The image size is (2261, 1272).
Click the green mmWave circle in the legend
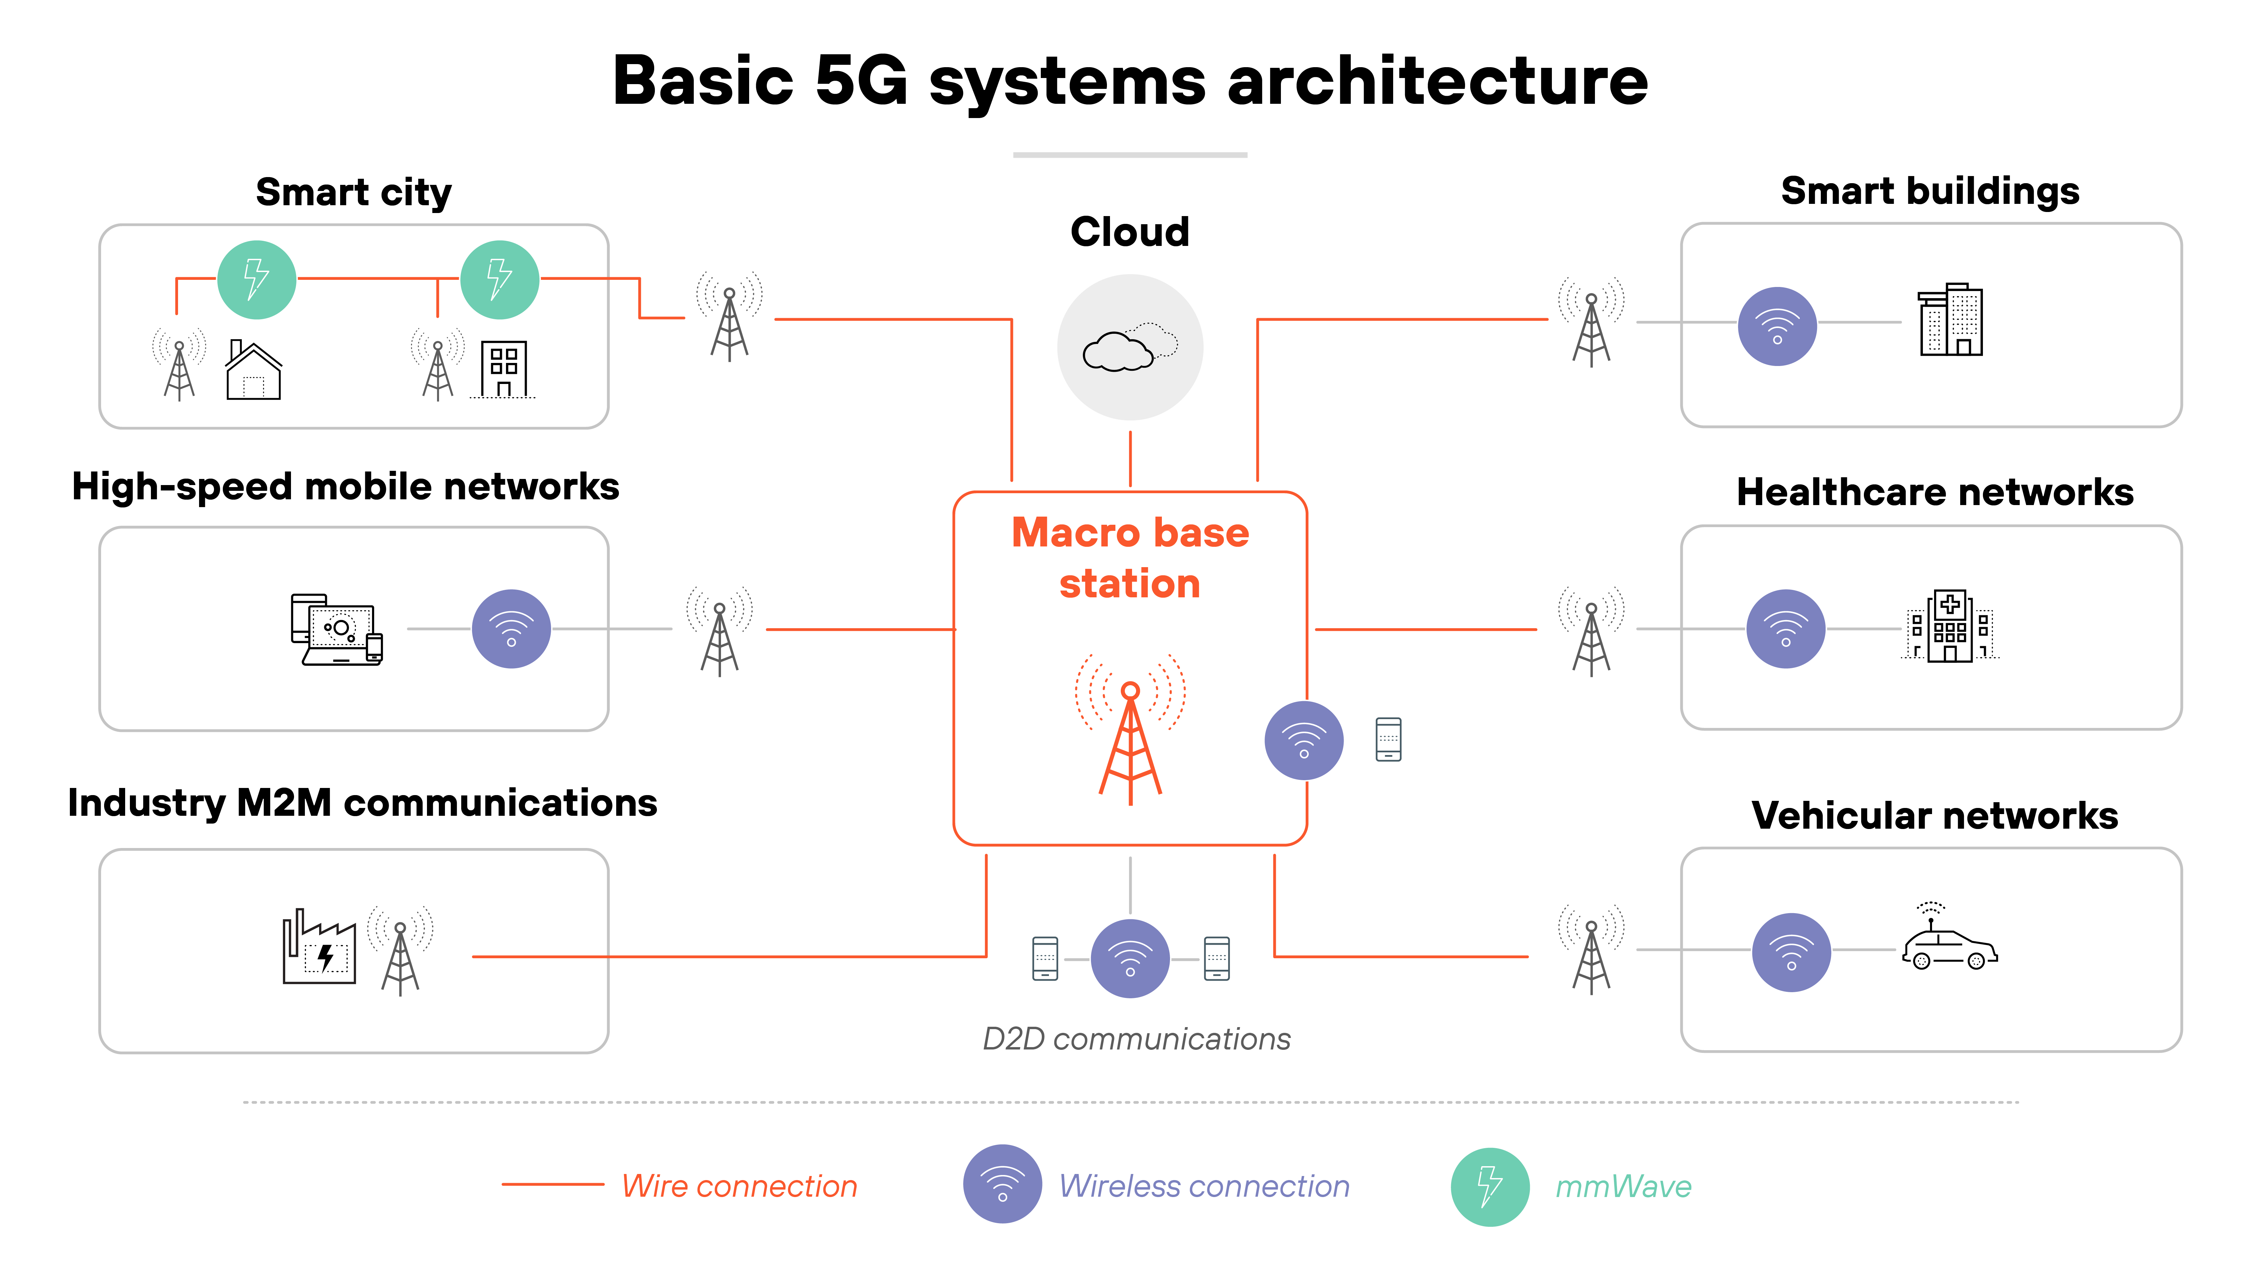tap(1489, 1186)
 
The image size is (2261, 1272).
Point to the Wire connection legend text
tap(739, 1186)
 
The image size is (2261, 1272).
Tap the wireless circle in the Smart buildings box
tap(1776, 326)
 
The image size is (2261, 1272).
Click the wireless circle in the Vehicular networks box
tap(1791, 952)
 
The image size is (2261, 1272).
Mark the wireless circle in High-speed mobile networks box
tap(511, 629)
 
